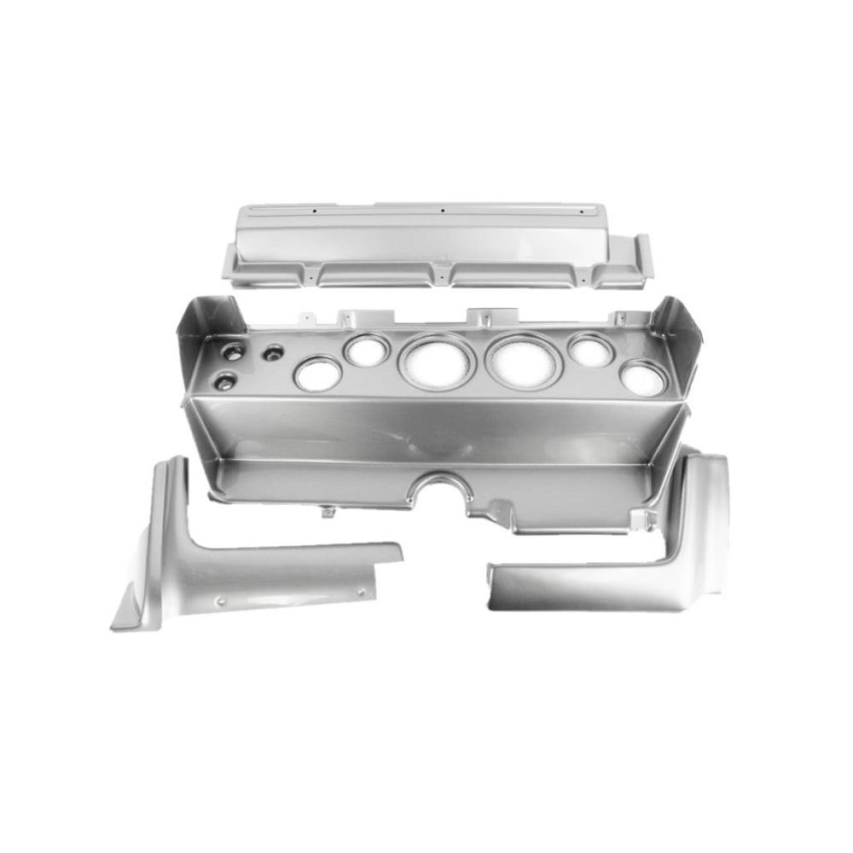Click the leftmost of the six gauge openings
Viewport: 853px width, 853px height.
pyautogui.click(x=317, y=374)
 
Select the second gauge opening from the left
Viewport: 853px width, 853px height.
pyautogui.click(x=367, y=350)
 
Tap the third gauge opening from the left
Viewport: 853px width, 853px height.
pyautogui.click(x=436, y=361)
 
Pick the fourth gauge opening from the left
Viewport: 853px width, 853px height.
pyautogui.click(x=523, y=361)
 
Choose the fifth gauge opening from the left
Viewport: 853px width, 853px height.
pyautogui.click(x=590, y=350)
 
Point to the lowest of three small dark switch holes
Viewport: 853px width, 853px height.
pyautogui.click(x=224, y=382)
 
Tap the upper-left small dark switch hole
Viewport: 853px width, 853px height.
pyautogui.click(x=232, y=351)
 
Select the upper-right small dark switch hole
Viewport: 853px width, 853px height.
pyautogui.click(x=273, y=352)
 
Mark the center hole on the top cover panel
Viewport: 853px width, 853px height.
pyautogui.click(x=443, y=210)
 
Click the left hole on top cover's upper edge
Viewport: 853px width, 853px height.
pyautogui.click(x=313, y=210)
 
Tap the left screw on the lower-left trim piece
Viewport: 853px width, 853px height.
pyautogui.click(x=221, y=601)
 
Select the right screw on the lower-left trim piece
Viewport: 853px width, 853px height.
pyautogui.click(x=360, y=591)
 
